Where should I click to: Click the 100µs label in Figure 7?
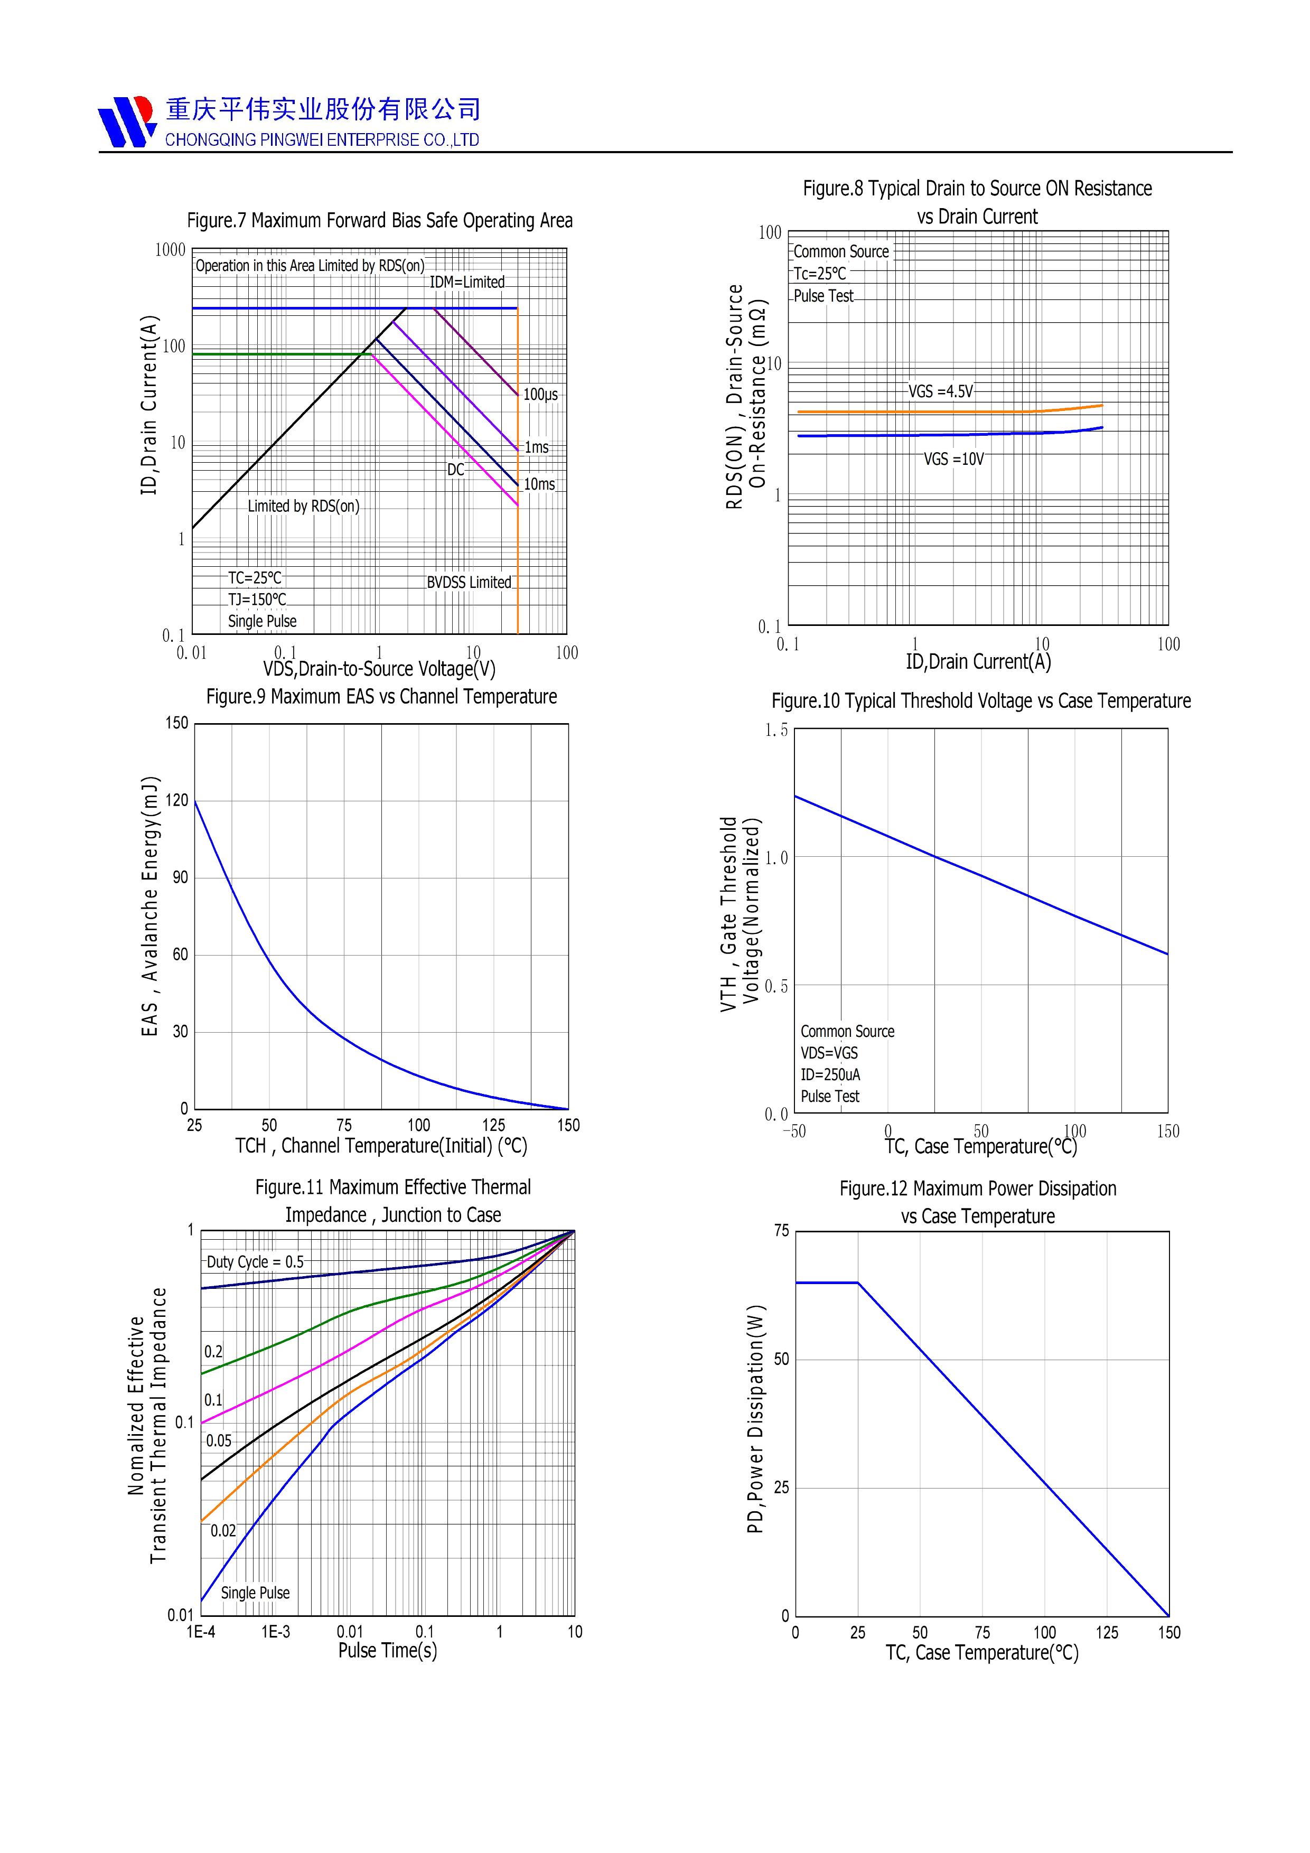tap(540, 395)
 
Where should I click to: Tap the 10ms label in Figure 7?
tap(539, 484)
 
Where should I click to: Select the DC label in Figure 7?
tap(456, 470)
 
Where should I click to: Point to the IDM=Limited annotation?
tap(466, 283)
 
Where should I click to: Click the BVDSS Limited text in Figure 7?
tap(469, 583)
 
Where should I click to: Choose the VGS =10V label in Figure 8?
tap(953, 459)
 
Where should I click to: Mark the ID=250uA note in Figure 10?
tap(830, 1075)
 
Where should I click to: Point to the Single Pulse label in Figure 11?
tap(255, 1593)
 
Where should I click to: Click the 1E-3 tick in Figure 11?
tap(275, 1632)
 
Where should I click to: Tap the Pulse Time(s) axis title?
tap(387, 1651)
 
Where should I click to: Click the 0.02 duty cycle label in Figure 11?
tap(223, 1531)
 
